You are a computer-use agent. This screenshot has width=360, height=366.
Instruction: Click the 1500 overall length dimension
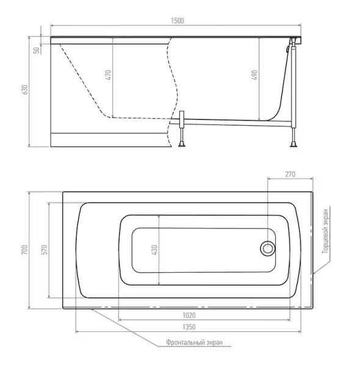tap(178, 21)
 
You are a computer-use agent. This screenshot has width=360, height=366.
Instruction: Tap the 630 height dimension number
tap(24, 90)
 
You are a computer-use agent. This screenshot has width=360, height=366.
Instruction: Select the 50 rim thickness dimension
tap(37, 51)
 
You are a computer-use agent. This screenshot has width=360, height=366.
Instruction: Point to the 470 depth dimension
tap(108, 75)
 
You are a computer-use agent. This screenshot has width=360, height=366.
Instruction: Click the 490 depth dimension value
tap(254, 75)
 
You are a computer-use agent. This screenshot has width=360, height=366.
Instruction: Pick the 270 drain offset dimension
tap(290, 174)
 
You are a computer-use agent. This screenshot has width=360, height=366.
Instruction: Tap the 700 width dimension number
tap(24, 249)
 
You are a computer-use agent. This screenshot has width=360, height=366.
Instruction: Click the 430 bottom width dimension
tap(154, 249)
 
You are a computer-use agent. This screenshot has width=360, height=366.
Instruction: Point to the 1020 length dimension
tap(189, 315)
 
